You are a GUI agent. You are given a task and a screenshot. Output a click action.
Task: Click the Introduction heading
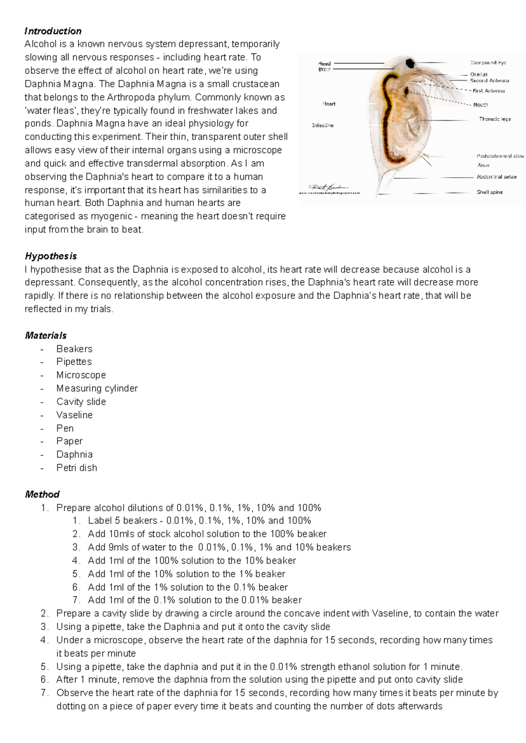tap(53, 31)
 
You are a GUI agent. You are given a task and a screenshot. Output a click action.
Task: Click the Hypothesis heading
tap(51, 256)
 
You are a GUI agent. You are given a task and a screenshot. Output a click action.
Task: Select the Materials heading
tap(46, 336)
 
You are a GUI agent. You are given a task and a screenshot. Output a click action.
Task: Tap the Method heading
tap(42, 494)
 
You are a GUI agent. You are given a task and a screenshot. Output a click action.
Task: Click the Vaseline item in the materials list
tap(74, 415)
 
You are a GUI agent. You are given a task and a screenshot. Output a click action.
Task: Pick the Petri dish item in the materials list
tap(77, 468)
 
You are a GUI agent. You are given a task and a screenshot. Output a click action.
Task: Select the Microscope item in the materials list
tap(81, 375)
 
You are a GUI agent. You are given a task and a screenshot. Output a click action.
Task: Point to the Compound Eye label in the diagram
tap(488, 63)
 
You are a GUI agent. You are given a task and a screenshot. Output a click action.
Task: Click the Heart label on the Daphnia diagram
tap(329, 104)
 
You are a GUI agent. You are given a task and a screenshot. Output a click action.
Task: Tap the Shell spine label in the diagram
tap(490, 192)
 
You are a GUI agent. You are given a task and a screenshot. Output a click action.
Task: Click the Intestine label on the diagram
tap(323, 125)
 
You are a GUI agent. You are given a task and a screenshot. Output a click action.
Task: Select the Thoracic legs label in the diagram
tap(494, 119)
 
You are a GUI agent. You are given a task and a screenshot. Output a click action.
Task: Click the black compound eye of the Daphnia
tap(410, 63)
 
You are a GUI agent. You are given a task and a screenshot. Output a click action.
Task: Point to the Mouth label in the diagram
tap(480, 105)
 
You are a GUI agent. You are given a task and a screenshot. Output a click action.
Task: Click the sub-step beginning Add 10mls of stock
tap(207, 534)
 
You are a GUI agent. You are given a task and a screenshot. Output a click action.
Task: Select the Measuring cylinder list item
tap(97, 389)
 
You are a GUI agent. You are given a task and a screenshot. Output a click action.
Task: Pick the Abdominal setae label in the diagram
tap(496, 177)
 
